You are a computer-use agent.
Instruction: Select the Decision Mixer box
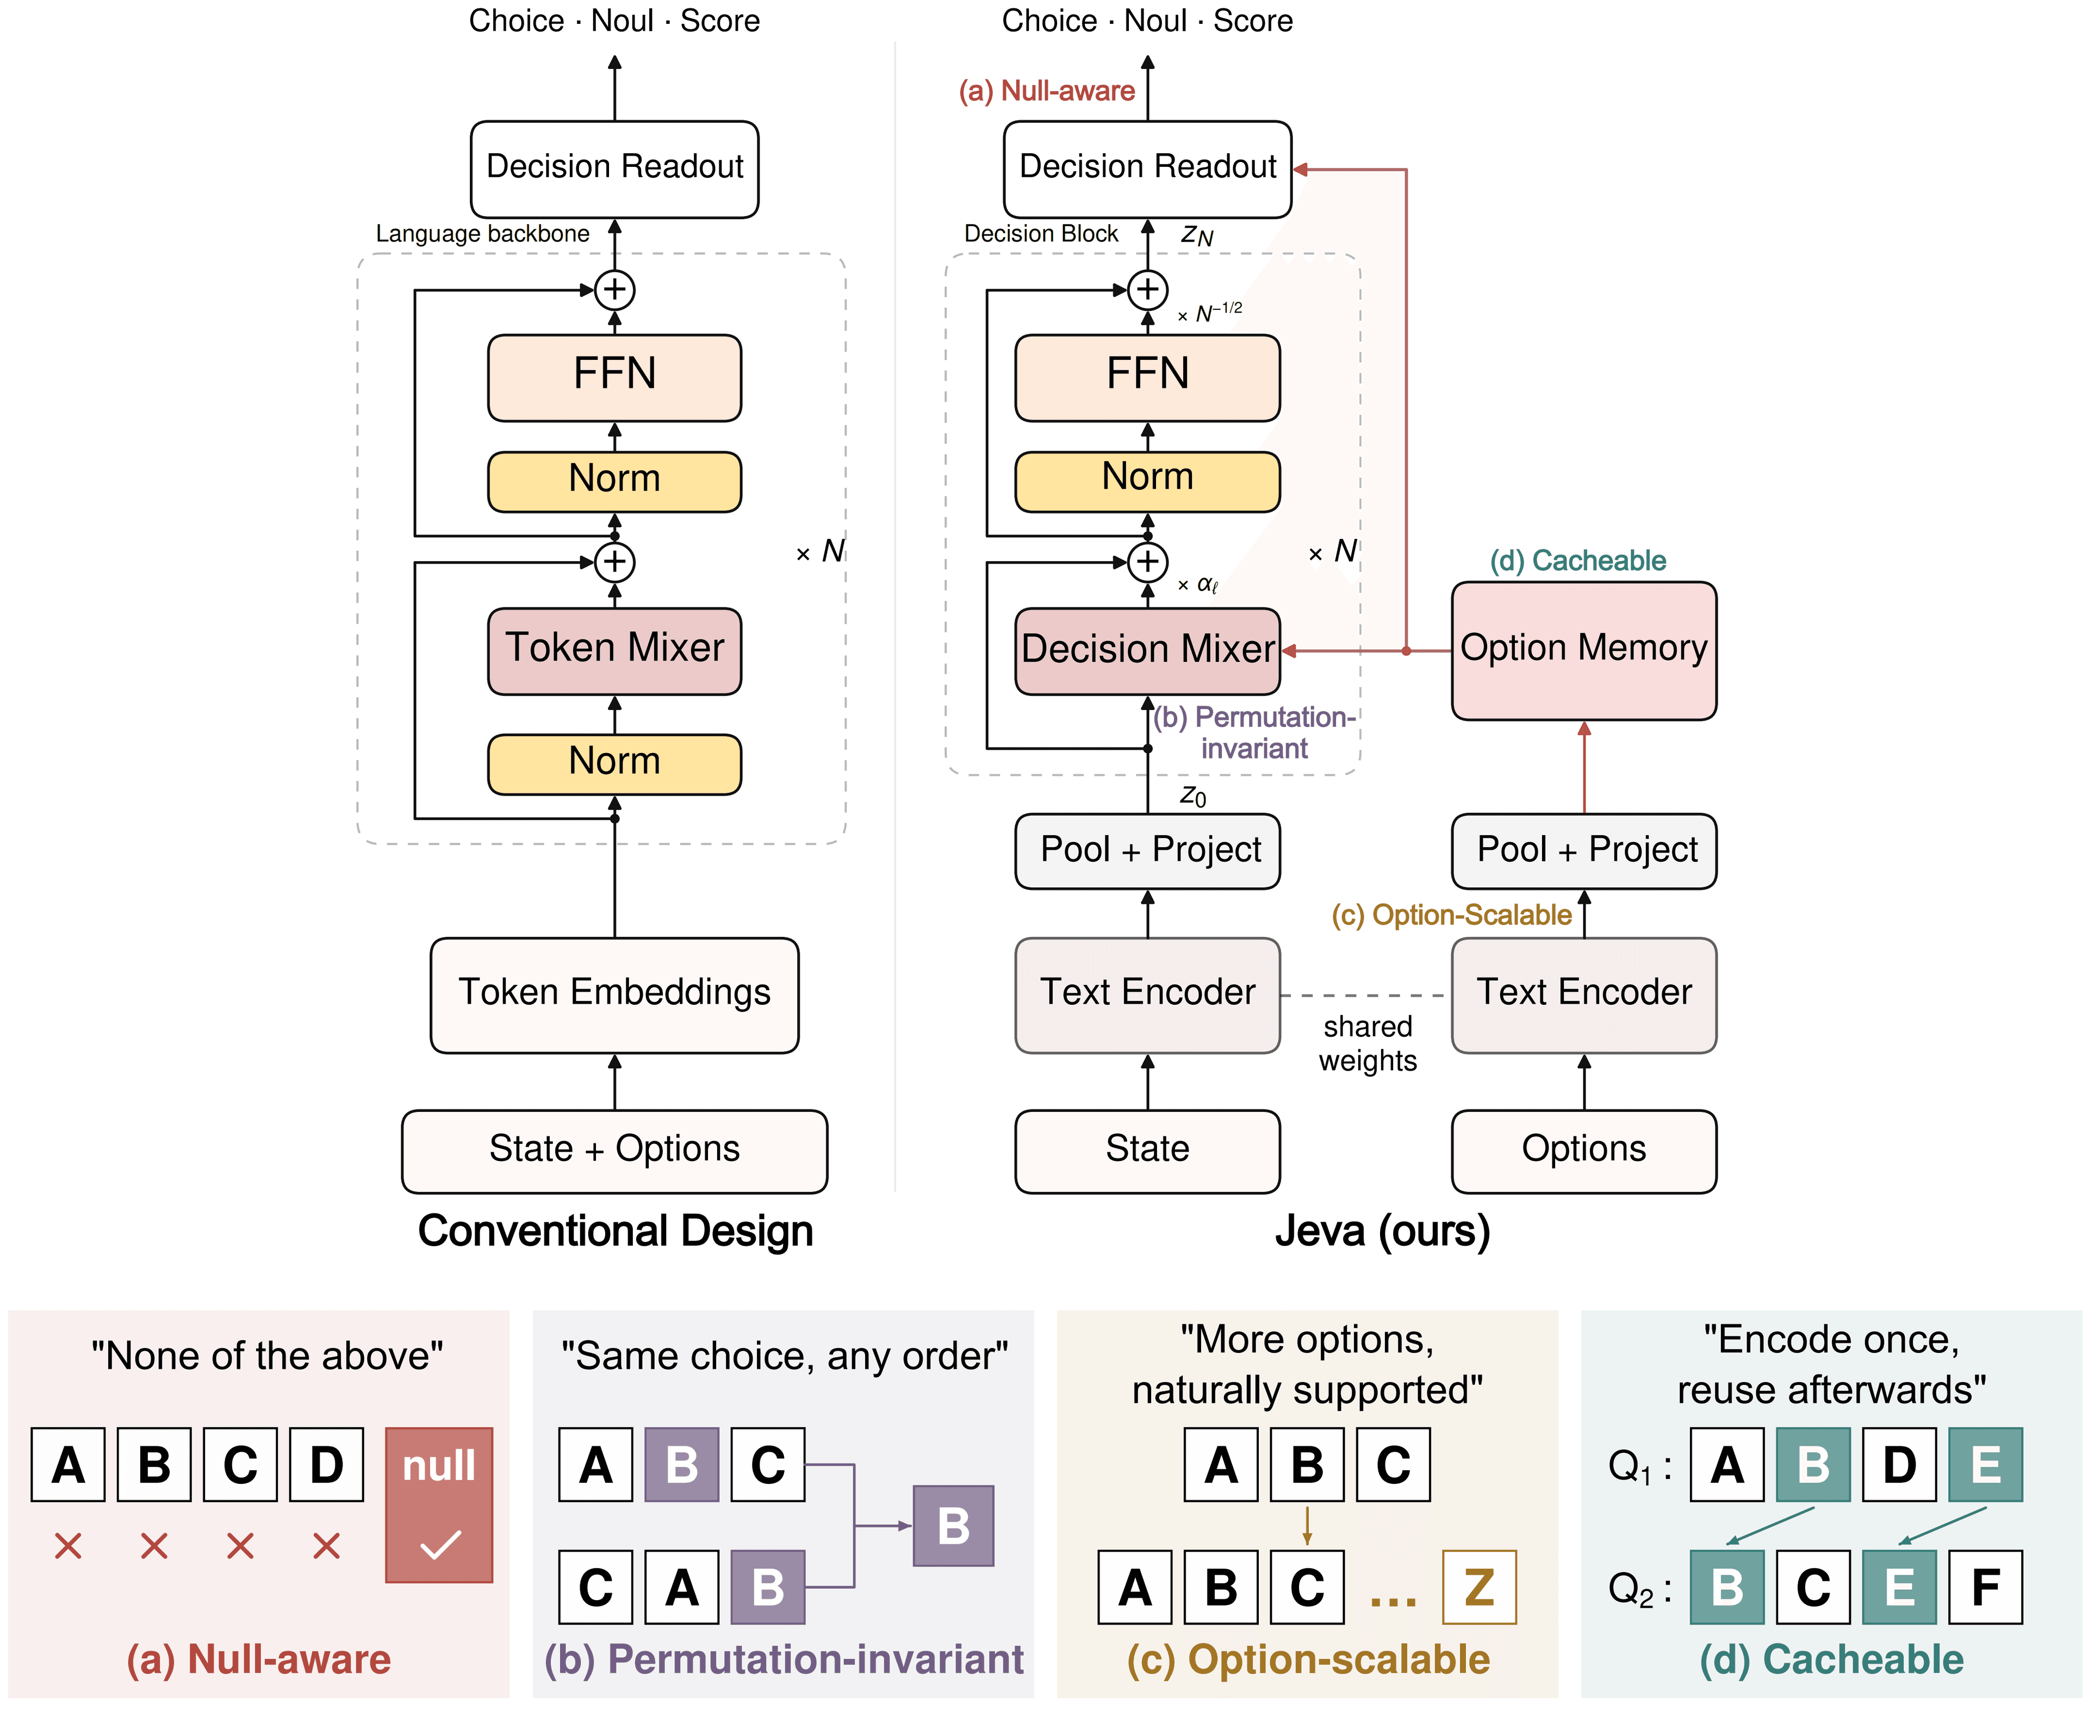point(1148,651)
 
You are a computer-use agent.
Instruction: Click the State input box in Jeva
point(1148,1151)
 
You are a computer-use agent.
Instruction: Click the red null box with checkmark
point(438,1504)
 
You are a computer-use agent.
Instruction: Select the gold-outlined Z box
point(1479,1587)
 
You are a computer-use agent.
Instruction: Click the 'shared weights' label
point(1368,1043)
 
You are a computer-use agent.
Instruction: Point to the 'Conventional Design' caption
point(615,1231)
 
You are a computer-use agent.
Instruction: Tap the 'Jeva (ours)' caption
point(1383,1231)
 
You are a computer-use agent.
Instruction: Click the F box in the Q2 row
point(1985,1587)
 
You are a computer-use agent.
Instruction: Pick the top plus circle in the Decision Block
point(1148,290)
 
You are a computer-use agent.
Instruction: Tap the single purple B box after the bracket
point(953,1526)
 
